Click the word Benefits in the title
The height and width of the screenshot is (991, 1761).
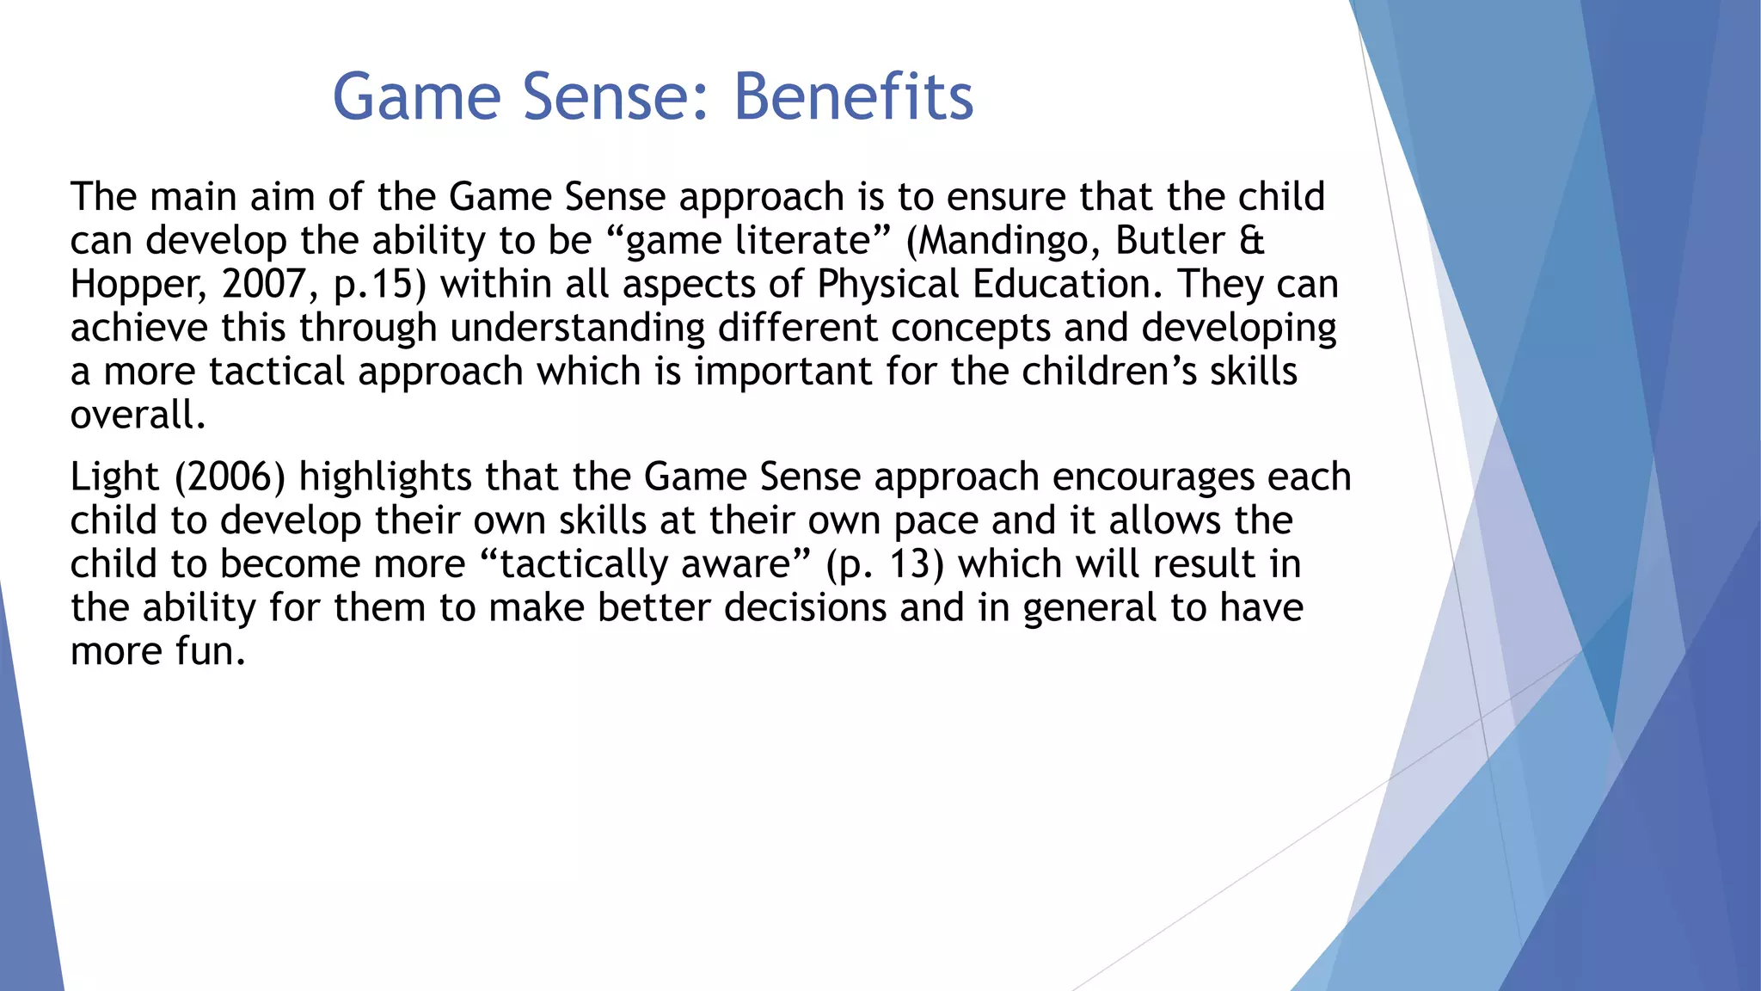point(853,96)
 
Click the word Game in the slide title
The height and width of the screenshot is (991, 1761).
point(416,96)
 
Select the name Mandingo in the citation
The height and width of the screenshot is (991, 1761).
point(1009,241)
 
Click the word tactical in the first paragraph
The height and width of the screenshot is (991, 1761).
point(276,372)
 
